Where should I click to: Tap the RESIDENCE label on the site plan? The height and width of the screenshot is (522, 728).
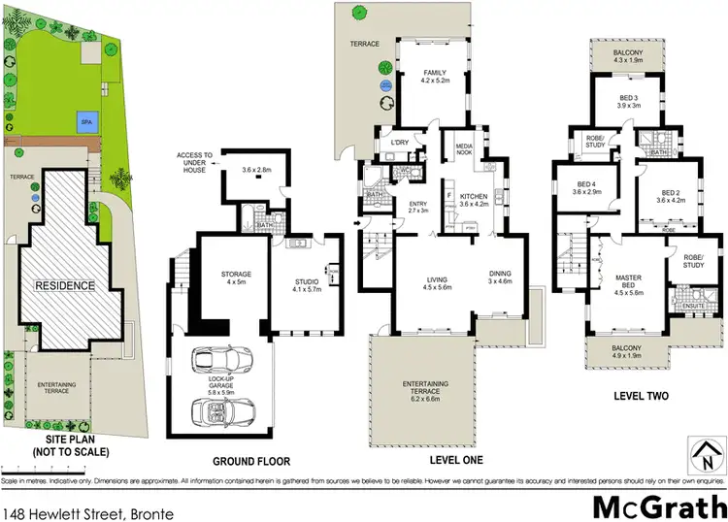pyautogui.click(x=67, y=285)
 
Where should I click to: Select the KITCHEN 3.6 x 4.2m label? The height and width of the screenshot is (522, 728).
pyautogui.click(x=475, y=199)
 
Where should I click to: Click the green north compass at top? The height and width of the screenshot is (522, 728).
pyautogui.click(x=361, y=13)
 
